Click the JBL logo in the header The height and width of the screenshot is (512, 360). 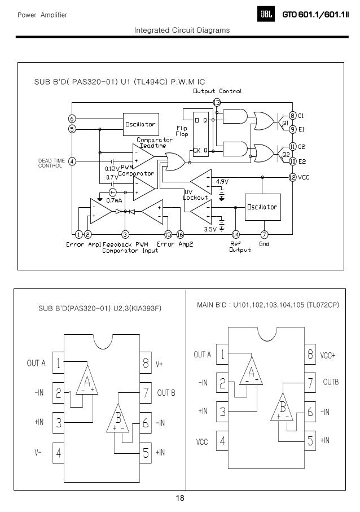coord(265,14)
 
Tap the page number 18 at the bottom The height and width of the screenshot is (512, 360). coord(180,498)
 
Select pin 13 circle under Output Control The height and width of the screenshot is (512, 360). coord(217,102)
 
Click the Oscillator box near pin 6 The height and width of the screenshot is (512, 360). coord(140,124)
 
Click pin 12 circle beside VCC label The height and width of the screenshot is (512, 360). coord(292,177)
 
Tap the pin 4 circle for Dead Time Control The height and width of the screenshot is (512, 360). coord(72,161)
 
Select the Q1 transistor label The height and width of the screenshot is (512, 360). coord(285,122)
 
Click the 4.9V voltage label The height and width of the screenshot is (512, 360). coord(222,182)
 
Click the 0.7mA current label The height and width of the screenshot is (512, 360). coord(115,201)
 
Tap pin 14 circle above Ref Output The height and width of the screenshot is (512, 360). coord(236,234)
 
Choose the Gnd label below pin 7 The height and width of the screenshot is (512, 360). coord(264,244)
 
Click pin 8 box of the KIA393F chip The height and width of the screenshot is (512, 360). coord(145,364)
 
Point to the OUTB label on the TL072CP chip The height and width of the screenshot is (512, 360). coord(331,382)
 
